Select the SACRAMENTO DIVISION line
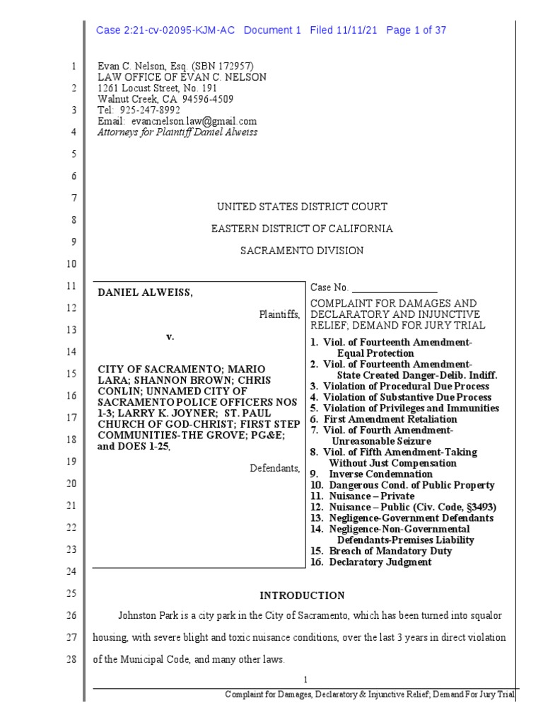[x=302, y=251]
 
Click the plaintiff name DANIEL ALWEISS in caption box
[x=144, y=292]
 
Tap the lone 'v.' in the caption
[x=170, y=336]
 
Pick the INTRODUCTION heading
[x=302, y=595]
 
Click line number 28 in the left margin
[x=74, y=658]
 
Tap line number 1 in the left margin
[x=74, y=67]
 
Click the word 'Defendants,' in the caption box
[x=275, y=468]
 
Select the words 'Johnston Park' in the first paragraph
[x=148, y=616]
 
